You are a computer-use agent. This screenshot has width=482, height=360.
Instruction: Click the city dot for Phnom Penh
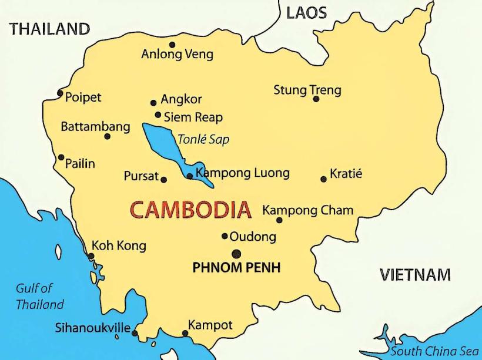(x=236, y=254)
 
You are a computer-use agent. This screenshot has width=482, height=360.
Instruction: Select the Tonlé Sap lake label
(x=203, y=140)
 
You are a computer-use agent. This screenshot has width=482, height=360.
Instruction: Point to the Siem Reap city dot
(x=158, y=115)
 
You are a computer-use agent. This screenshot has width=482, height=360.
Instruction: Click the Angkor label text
(x=181, y=99)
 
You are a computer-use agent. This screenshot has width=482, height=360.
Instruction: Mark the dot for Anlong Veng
(x=172, y=45)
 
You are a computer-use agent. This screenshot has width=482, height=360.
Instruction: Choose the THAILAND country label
(x=50, y=29)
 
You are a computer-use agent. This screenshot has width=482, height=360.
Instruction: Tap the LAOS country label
(x=307, y=14)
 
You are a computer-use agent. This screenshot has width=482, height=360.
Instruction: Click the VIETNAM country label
(x=415, y=274)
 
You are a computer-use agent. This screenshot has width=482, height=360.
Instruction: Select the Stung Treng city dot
(x=316, y=99)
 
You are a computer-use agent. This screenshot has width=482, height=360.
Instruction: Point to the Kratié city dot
(x=323, y=179)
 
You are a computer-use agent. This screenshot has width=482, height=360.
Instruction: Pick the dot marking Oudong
(x=225, y=236)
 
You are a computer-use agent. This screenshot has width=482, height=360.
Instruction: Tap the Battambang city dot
(x=107, y=136)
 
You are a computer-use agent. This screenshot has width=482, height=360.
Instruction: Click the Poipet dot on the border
(x=60, y=93)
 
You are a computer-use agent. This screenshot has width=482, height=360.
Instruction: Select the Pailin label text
(x=80, y=163)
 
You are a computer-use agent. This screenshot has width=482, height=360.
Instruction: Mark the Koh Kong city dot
(x=91, y=256)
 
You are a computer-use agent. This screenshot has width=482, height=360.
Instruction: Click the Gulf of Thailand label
(x=39, y=296)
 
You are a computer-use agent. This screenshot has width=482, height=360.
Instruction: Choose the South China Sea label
(x=434, y=351)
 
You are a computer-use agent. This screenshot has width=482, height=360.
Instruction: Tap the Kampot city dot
(x=185, y=334)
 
